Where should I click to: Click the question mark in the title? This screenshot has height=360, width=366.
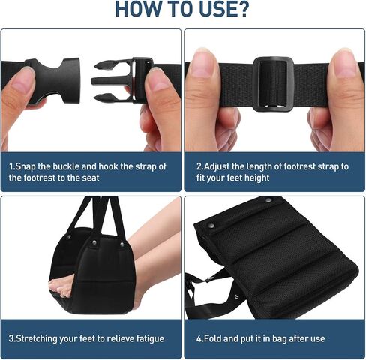[241, 9]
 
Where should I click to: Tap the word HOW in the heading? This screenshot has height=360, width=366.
[138, 9]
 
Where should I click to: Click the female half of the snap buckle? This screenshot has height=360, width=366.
[54, 80]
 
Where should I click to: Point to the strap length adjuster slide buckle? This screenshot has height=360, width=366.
[273, 84]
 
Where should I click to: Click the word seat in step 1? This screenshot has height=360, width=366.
[90, 178]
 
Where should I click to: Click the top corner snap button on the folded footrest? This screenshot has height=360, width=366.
[268, 200]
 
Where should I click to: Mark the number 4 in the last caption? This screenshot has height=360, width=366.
[199, 339]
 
